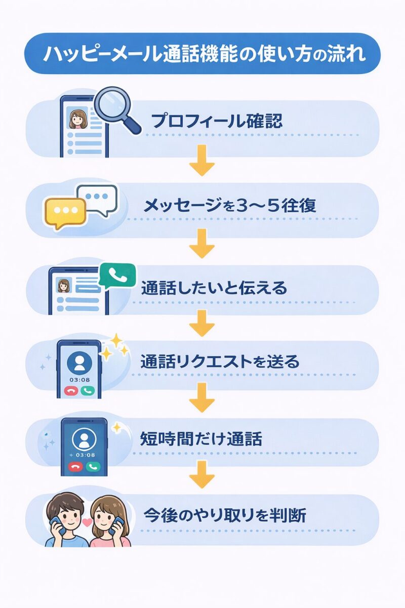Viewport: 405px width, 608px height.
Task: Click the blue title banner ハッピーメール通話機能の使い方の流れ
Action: (x=202, y=54)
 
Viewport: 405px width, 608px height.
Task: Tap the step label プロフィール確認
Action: (x=217, y=122)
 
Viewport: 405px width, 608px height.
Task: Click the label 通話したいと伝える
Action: (x=214, y=288)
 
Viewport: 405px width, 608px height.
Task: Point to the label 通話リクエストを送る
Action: (x=220, y=362)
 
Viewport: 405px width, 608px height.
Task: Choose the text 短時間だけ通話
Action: (x=201, y=439)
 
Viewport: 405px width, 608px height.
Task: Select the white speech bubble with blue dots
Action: (x=97, y=198)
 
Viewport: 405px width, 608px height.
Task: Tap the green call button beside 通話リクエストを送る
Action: (x=88, y=391)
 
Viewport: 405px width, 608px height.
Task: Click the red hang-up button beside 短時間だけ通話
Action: (x=76, y=467)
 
